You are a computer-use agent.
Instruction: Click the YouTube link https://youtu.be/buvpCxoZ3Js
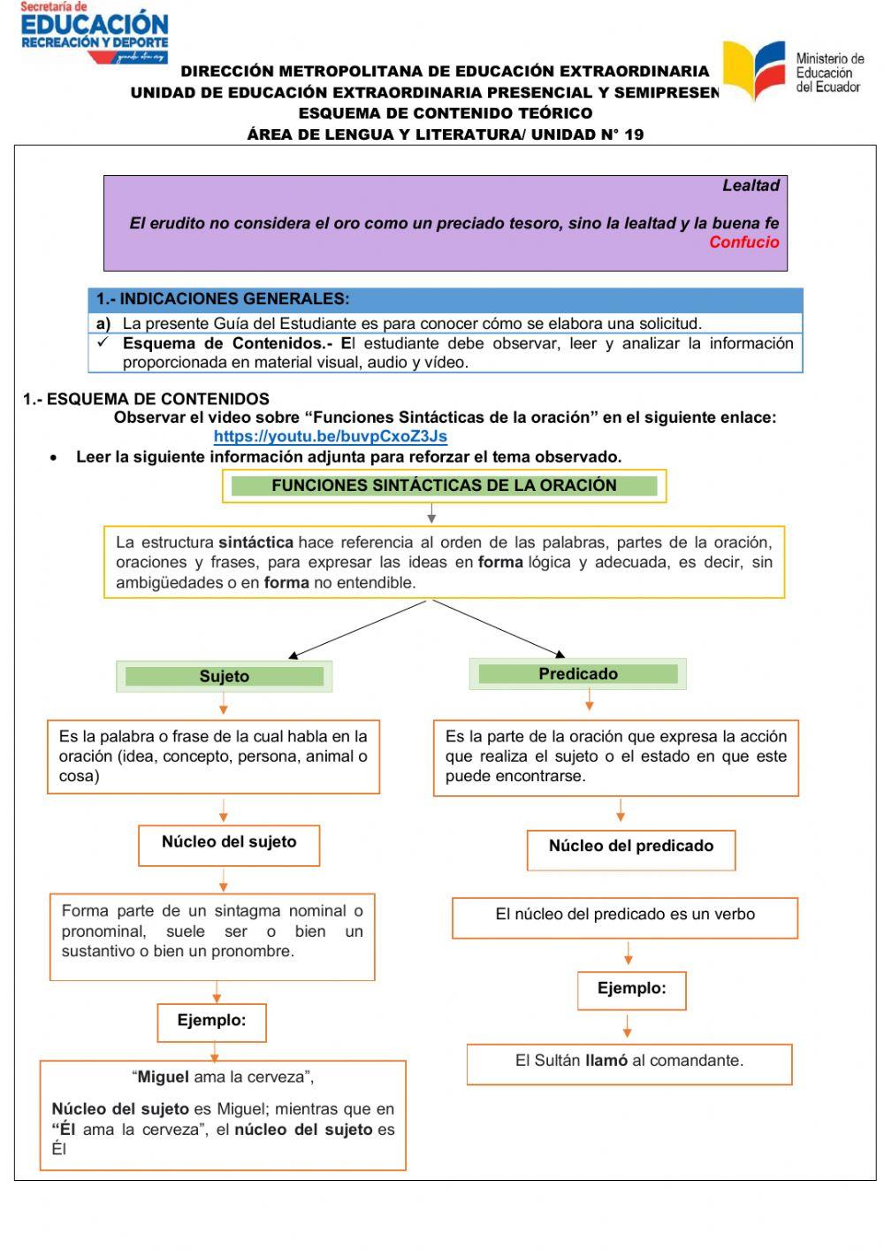click(330, 436)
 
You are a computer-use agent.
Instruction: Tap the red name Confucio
click(743, 242)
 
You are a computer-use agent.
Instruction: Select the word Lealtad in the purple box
click(751, 186)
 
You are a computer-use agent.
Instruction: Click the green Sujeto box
click(224, 677)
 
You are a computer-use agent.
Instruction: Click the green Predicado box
click(577, 674)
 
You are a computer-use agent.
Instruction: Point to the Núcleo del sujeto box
click(229, 843)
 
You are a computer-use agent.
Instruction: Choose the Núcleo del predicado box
click(630, 847)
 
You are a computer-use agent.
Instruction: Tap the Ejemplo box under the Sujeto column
click(211, 1021)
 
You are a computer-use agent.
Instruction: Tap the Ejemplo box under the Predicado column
click(631, 989)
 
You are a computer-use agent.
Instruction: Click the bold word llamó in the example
click(606, 1061)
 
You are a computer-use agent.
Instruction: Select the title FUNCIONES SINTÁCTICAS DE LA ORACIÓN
click(444, 486)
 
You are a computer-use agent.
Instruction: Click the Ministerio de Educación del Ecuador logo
click(792, 71)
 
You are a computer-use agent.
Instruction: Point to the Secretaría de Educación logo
click(94, 33)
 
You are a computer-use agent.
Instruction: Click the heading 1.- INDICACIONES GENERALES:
click(223, 299)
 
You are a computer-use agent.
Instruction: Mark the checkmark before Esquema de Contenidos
click(103, 342)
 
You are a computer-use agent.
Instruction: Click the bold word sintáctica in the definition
click(255, 542)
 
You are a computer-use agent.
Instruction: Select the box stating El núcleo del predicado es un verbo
click(624, 916)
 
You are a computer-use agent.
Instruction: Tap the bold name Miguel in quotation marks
click(163, 1077)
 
